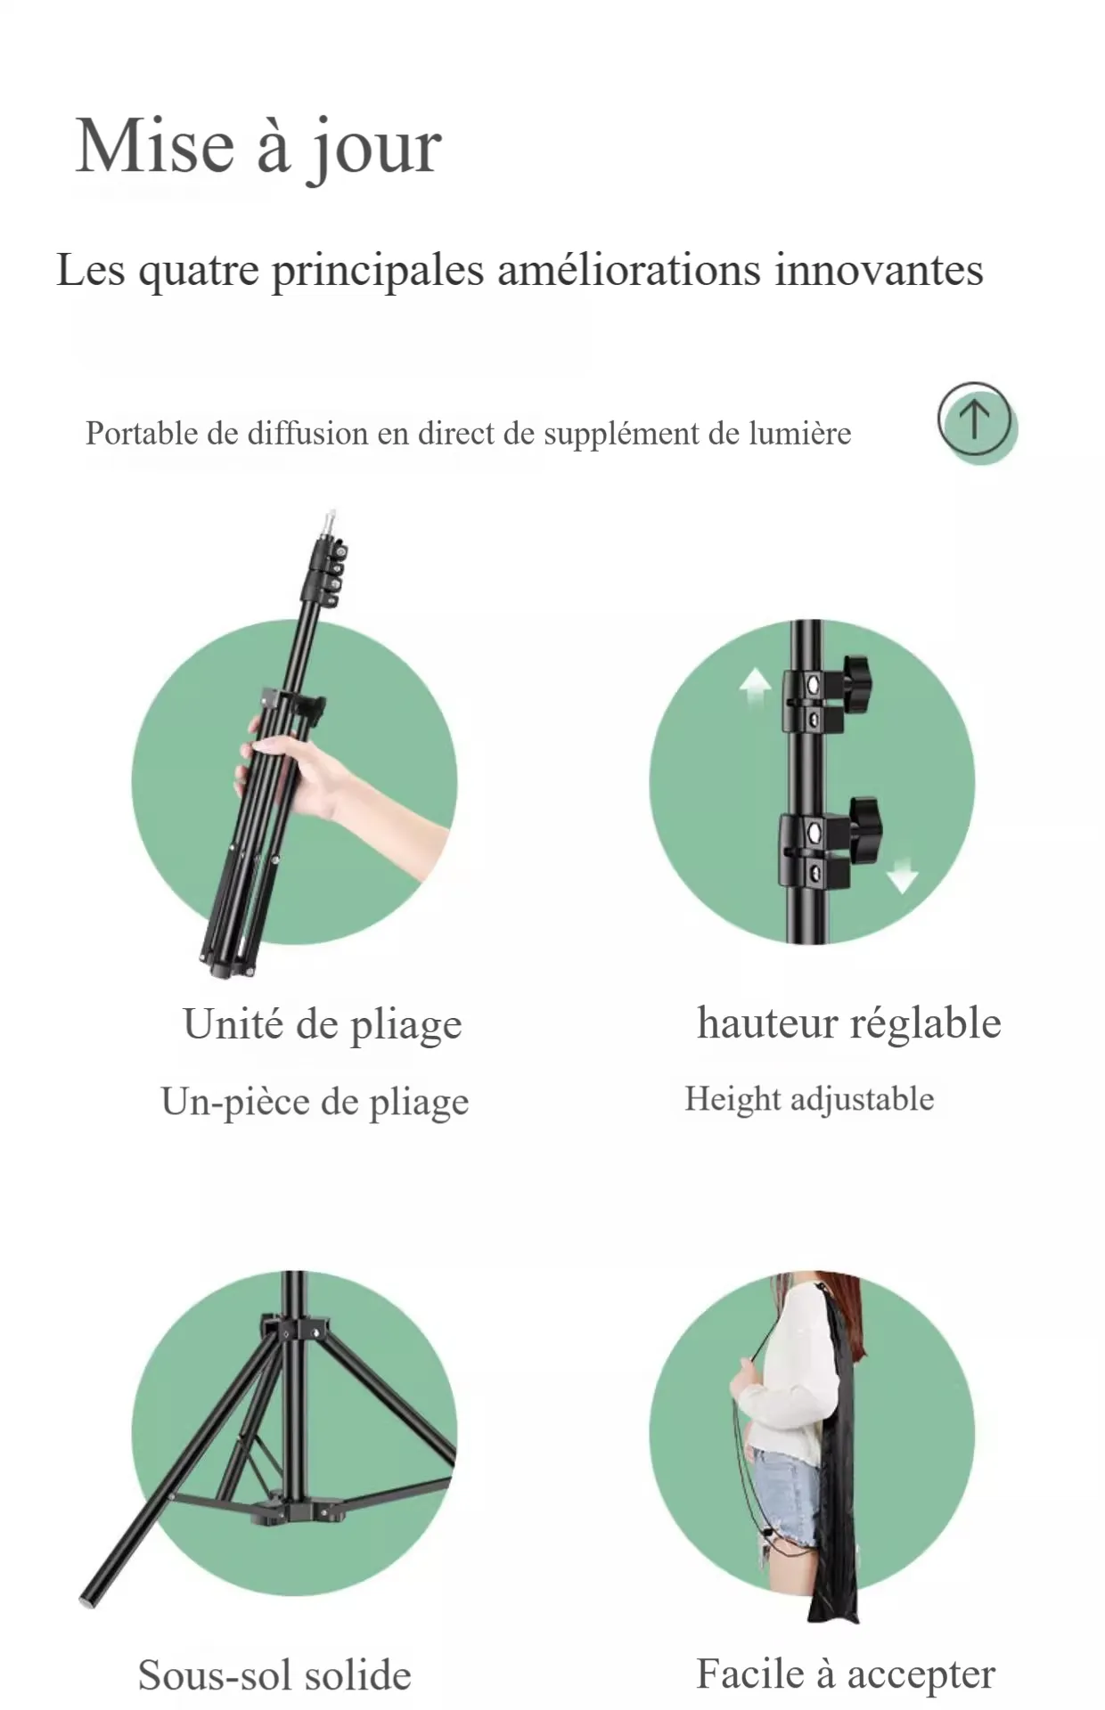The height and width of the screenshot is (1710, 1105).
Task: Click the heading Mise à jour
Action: [258, 148]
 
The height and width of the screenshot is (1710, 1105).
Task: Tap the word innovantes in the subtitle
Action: [879, 269]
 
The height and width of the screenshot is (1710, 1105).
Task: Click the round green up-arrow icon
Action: [977, 423]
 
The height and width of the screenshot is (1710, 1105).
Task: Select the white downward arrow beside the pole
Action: [902, 874]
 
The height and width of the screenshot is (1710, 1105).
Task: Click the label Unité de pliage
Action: [323, 1024]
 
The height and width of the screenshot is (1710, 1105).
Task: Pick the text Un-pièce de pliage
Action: [315, 1102]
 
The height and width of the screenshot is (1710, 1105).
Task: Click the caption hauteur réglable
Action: [848, 1022]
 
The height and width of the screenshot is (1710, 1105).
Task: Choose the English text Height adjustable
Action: [809, 1099]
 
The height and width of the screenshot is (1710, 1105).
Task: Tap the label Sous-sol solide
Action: [274, 1675]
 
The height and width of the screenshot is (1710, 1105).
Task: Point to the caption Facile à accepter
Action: [846, 1674]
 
